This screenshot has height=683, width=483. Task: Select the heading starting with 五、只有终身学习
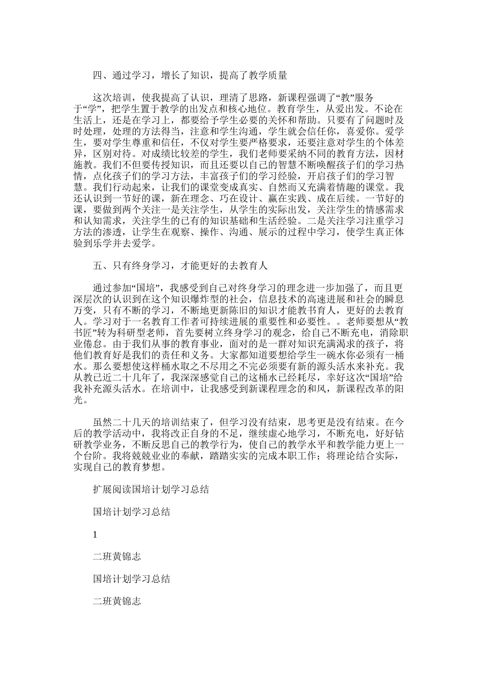pyautogui.click(x=180, y=266)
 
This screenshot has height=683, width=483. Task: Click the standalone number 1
pyautogui.click(x=95, y=534)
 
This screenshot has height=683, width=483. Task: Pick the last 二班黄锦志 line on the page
pyautogui.click(x=117, y=601)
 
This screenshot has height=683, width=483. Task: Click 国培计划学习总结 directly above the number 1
pyautogui.click(x=132, y=512)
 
